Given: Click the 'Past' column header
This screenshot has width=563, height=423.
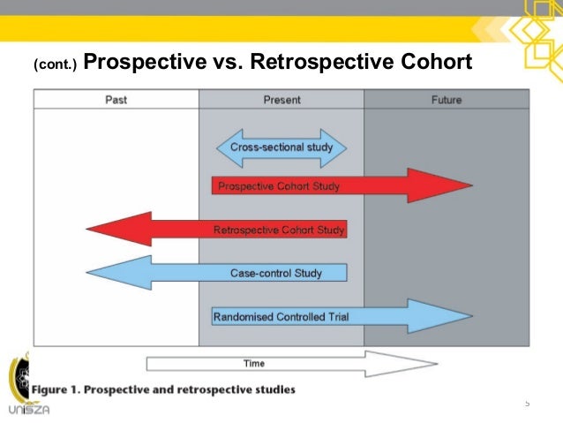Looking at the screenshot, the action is click(x=116, y=100).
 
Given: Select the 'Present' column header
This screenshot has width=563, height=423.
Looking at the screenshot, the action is click(x=281, y=100).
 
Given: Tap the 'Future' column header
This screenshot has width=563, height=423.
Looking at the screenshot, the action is click(x=447, y=100).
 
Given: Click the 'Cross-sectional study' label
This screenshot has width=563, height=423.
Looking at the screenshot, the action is click(x=281, y=147).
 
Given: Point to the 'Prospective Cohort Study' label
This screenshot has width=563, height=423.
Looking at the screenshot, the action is click(x=279, y=186).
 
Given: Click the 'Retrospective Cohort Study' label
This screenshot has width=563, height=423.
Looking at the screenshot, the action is click(x=280, y=230).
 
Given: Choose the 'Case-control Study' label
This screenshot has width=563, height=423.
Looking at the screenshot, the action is click(x=276, y=273).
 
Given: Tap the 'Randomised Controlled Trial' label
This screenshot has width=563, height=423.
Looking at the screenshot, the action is click(x=281, y=316).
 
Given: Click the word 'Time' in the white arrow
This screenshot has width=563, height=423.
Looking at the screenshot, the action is click(x=253, y=363).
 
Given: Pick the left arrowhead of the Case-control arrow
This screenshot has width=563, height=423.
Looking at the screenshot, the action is click(x=89, y=273).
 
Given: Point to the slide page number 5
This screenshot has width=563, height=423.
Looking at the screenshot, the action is click(x=527, y=404).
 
